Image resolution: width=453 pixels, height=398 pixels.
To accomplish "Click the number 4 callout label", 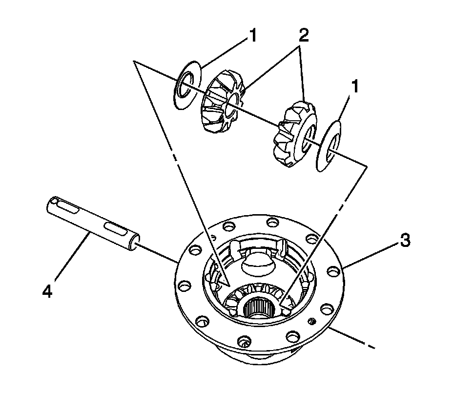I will point(47,292).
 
